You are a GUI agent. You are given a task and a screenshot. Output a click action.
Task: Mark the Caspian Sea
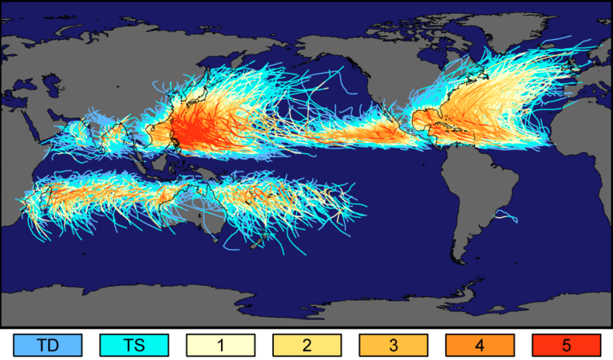(50, 89)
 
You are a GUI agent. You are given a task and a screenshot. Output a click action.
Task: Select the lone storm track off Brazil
(505, 214)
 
